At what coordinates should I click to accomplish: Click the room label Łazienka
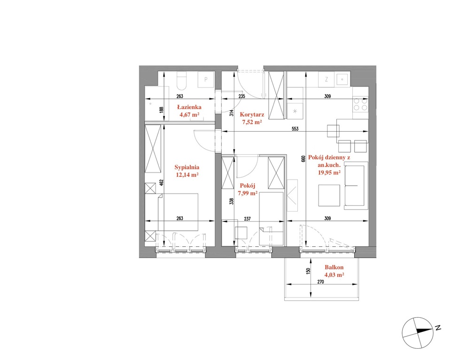pos(189,107)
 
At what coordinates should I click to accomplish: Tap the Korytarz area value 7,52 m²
pos(252,122)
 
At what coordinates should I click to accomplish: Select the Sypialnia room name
pos(187,167)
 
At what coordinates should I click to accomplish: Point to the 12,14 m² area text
pos(187,174)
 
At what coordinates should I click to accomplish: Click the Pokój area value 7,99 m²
pos(248,193)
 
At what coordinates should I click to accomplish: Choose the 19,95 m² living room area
pos(329,173)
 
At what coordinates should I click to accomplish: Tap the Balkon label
pos(334,267)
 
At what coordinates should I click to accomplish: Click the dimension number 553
pos(295,129)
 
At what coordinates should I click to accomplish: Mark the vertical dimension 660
pos(303,159)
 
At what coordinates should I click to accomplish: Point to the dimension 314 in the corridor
pos(231,113)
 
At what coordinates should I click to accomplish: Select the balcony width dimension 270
pos(320,282)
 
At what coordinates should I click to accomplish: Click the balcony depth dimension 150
pos(308,271)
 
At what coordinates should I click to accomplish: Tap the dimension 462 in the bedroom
pos(162,182)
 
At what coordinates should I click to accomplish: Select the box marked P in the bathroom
pos(206,79)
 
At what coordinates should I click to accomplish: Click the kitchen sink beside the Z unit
pos(342,79)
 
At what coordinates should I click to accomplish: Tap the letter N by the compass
pos(438,328)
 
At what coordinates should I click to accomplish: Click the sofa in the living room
pos(356,186)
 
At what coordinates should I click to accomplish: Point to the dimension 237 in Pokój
pos(247,219)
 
